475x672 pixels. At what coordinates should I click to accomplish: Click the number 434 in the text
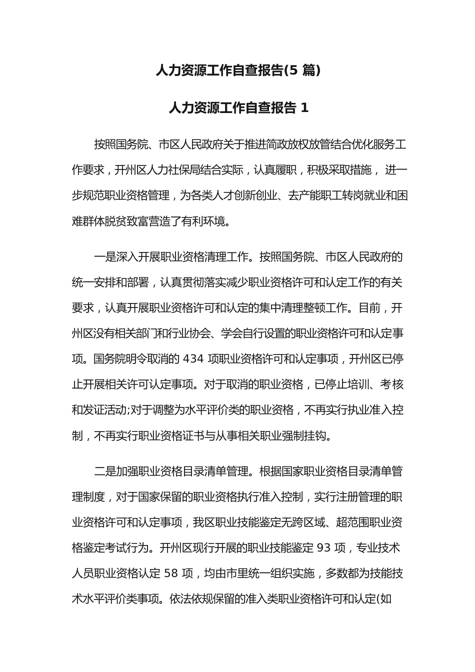[194, 359]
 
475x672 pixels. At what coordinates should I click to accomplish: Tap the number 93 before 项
[324, 548]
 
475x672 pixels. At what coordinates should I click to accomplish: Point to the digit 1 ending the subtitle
[305, 107]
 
